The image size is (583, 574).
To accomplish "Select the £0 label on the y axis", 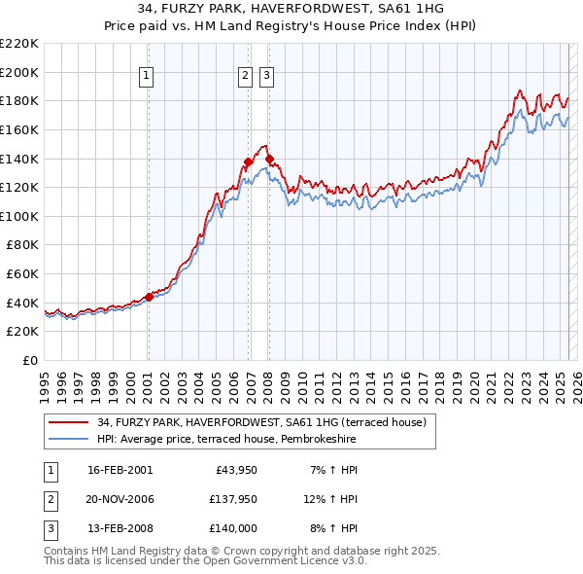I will (x=31, y=360).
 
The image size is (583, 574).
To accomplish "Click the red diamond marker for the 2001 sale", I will (x=149, y=297).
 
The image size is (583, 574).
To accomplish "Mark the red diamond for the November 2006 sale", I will (x=248, y=161).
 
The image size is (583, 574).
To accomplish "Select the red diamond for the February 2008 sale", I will (x=269, y=159).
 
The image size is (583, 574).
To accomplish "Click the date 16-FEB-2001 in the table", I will (x=120, y=470).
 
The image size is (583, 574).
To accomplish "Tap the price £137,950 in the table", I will (x=230, y=499).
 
